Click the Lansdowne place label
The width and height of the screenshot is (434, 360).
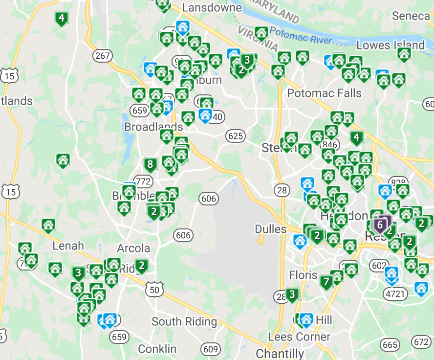(212, 8)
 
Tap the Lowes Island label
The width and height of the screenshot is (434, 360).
(391, 45)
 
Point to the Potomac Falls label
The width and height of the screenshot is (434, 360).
(325, 93)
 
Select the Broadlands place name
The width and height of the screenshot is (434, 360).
(153, 127)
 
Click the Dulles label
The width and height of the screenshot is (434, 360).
(270, 229)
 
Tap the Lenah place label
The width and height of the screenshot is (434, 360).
(68, 246)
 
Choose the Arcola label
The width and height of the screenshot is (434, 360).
(133, 248)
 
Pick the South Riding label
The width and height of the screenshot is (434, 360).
(184, 321)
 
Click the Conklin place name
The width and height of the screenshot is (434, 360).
(157, 349)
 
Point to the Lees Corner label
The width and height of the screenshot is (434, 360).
(299, 337)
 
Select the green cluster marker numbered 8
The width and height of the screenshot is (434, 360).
(150, 164)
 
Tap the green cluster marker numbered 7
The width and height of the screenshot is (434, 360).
(326, 281)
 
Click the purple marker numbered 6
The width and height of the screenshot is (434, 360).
(380, 225)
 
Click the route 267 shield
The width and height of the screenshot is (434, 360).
(103, 56)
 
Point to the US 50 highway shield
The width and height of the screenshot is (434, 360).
(154, 289)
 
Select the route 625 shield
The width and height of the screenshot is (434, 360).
(236, 135)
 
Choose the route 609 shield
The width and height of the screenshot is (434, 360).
(211, 349)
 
